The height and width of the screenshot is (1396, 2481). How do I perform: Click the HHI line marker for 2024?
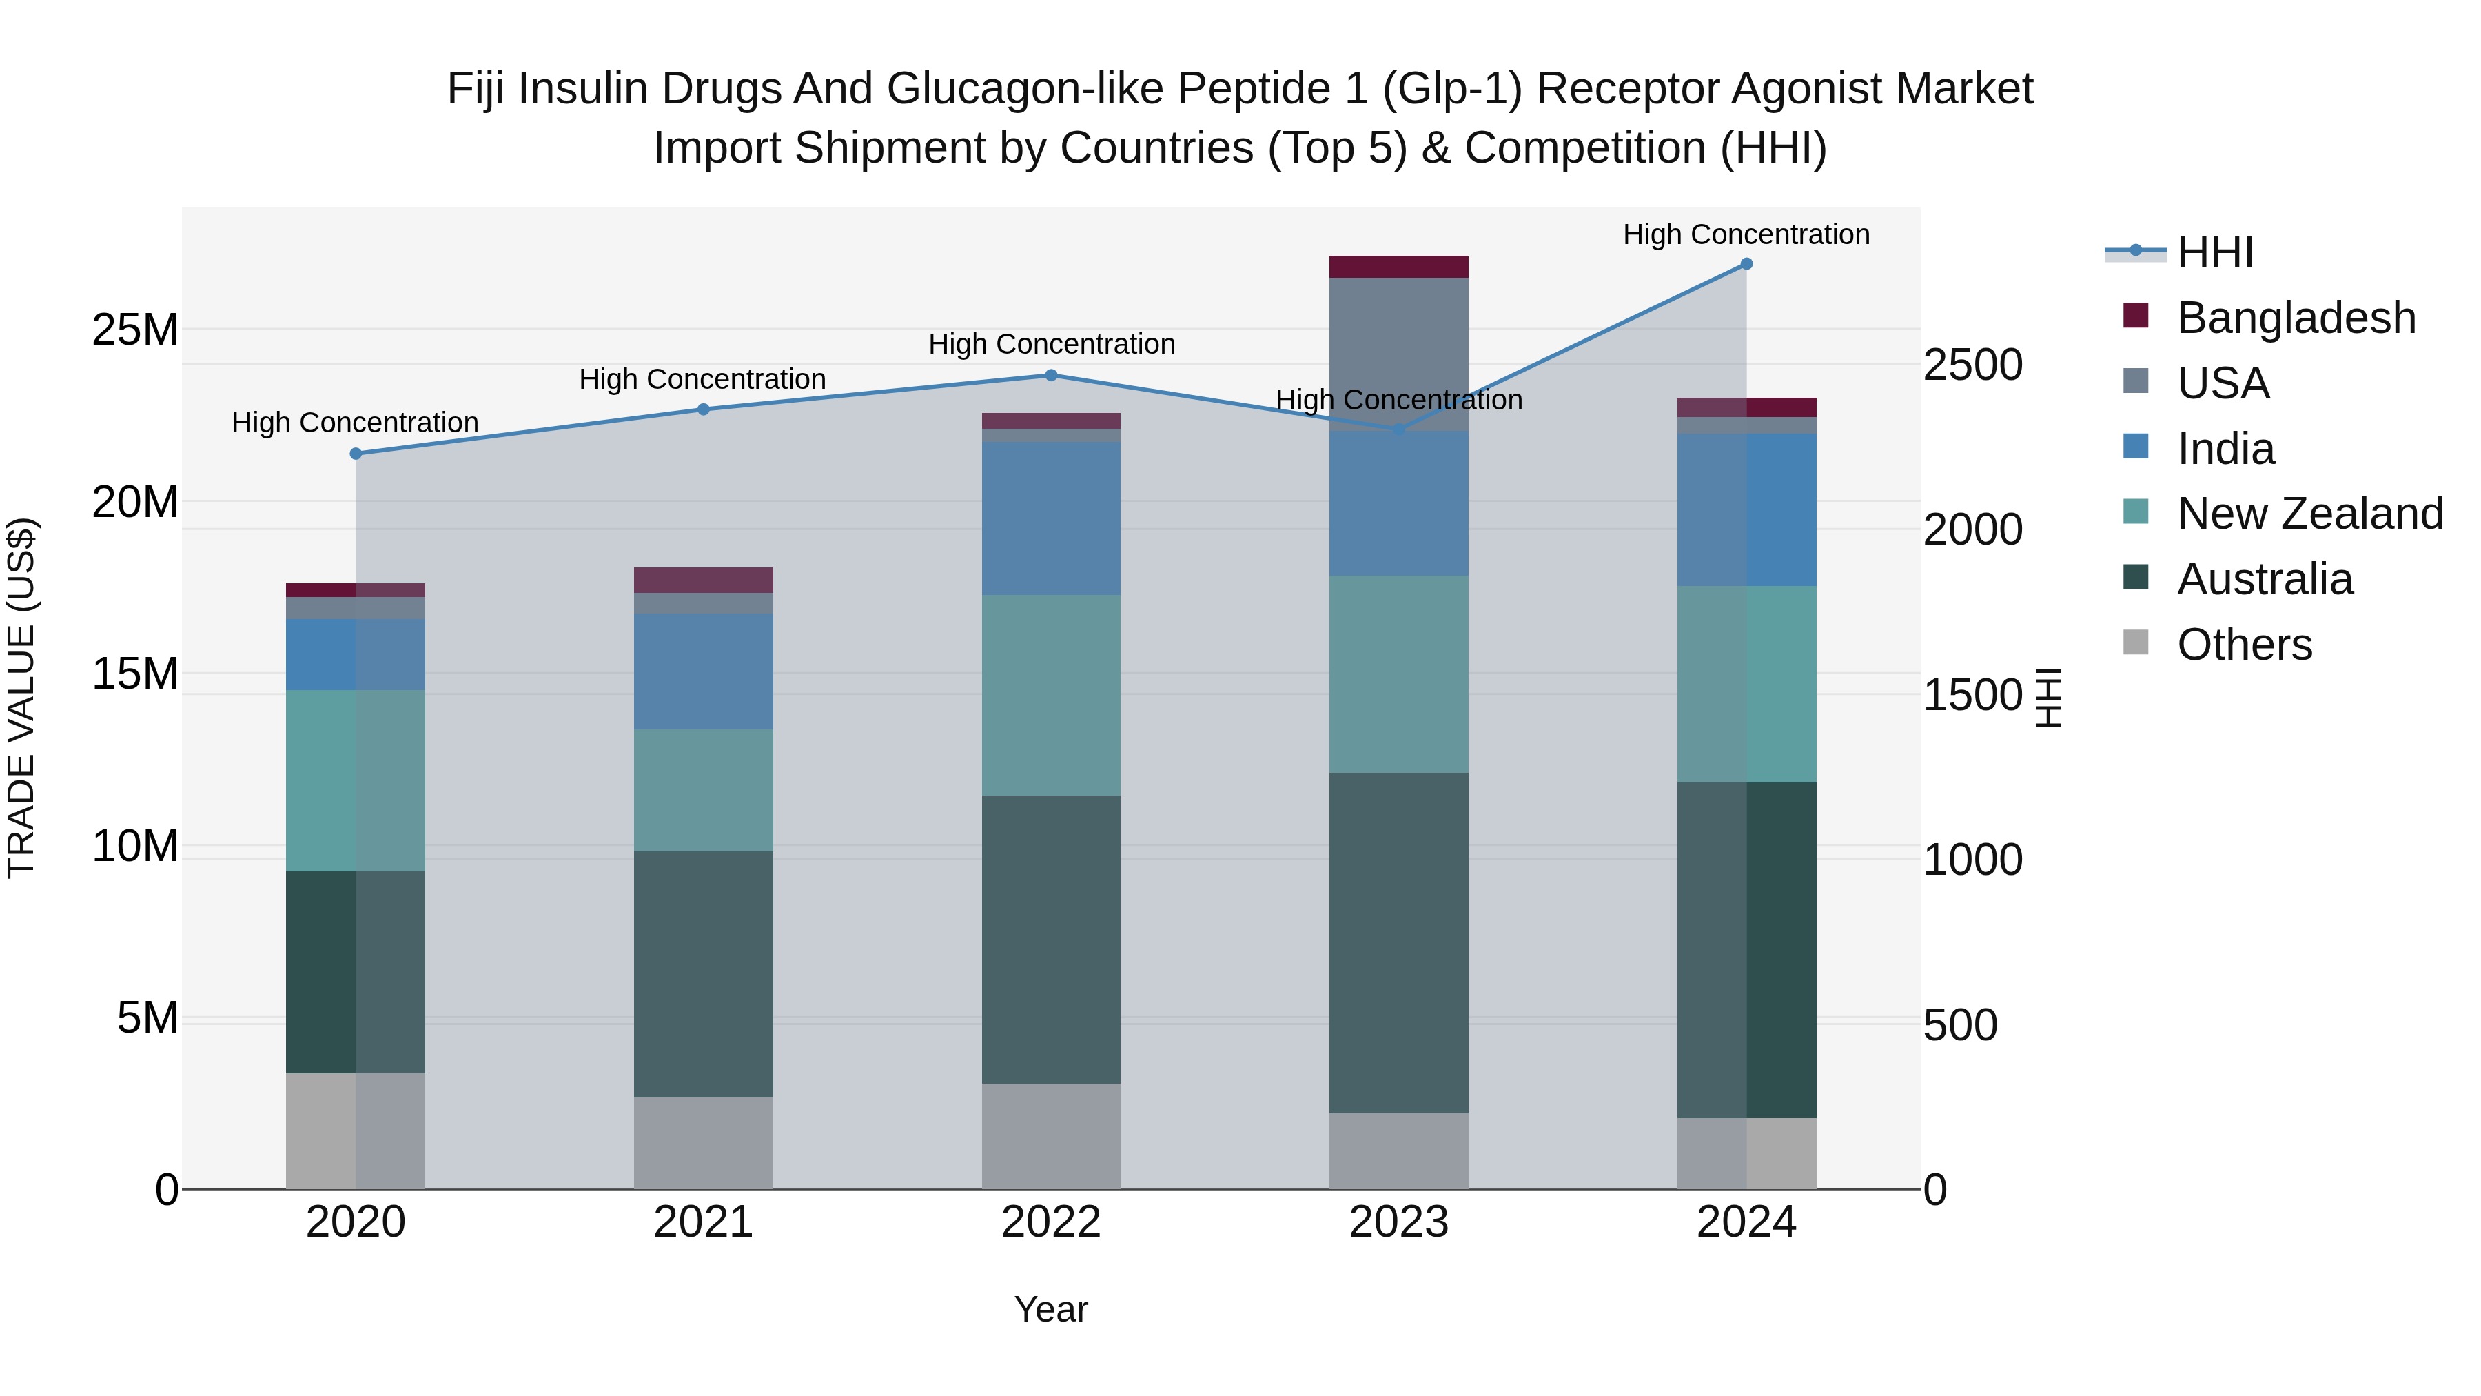(x=1746, y=264)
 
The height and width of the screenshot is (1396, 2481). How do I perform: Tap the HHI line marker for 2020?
(x=356, y=454)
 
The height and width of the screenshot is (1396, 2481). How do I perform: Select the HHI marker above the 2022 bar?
(x=1051, y=376)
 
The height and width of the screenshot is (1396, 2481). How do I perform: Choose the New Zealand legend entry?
(x=2309, y=514)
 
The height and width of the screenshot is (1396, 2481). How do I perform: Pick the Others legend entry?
(x=2244, y=645)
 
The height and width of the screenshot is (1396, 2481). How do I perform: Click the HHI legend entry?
(x=2214, y=252)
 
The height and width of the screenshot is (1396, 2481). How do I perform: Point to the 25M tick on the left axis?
(x=135, y=330)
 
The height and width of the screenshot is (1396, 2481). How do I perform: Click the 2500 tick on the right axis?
(x=1972, y=365)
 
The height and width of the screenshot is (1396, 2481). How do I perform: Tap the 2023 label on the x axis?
(x=1398, y=1222)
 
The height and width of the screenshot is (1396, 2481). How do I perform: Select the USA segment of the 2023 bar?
(x=1398, y=354)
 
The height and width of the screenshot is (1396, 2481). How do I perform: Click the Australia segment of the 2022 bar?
(x=1051, y=940)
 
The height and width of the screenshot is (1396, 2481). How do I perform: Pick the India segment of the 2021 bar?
(x=703, y=671)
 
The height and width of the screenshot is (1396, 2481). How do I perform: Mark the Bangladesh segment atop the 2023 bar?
(x=1398, y=267)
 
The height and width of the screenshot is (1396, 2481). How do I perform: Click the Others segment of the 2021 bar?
(x=703, y=1144)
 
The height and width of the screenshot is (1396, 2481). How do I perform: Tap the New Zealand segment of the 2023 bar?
(x=1398, y=674)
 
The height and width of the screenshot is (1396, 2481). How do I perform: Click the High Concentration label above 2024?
(x=1746, y=234)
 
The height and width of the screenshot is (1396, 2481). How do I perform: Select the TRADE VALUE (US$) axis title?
(x=21, y=698)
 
